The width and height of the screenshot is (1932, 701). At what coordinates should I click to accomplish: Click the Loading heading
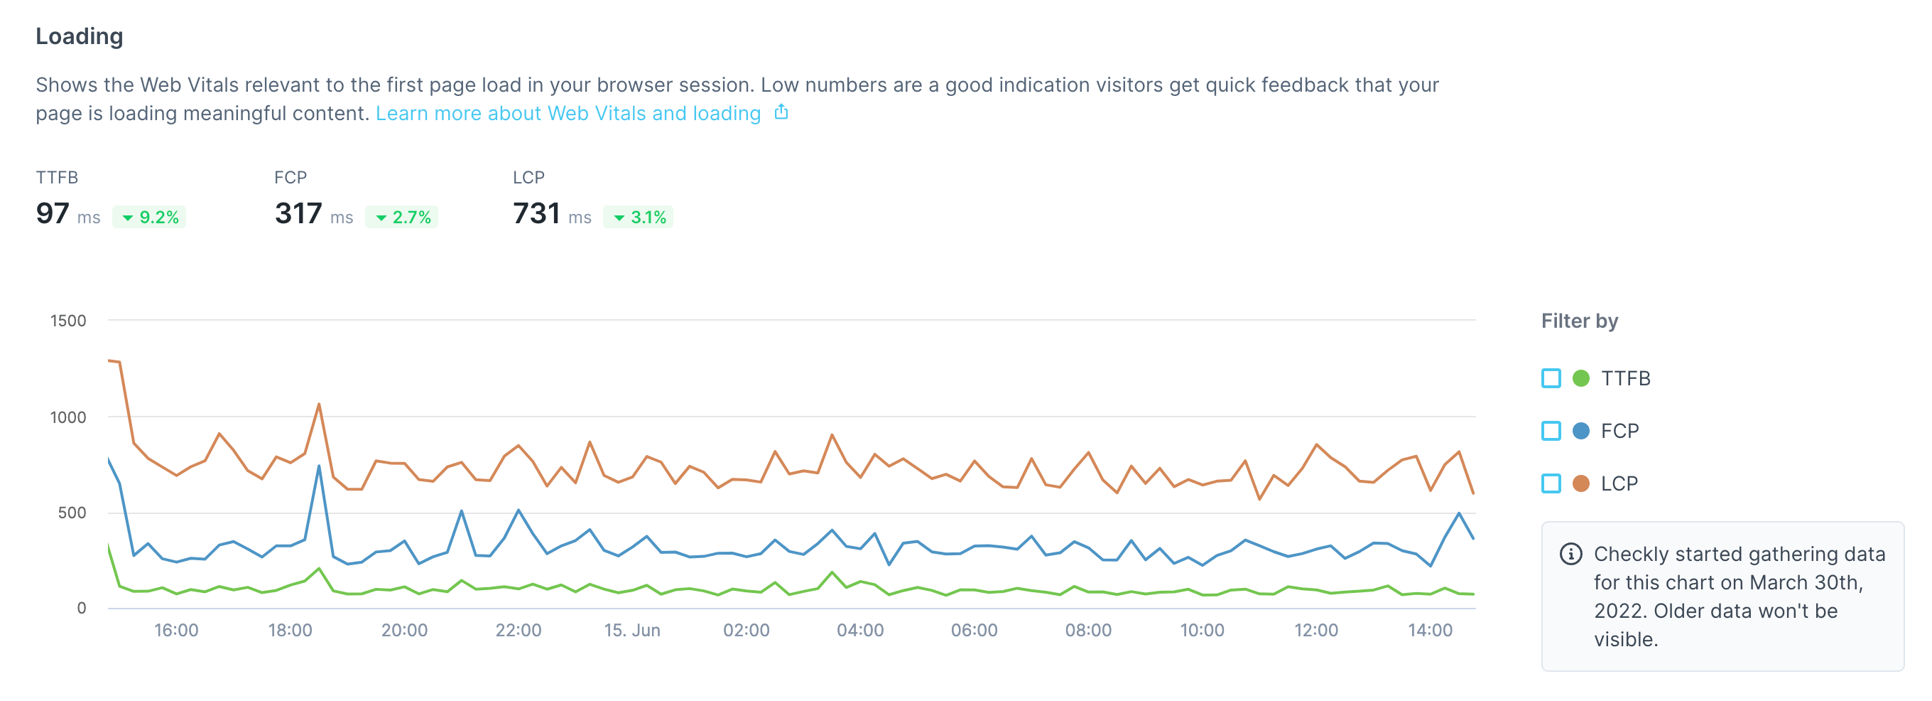79,36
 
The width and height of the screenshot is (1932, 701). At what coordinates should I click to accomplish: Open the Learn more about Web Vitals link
568,113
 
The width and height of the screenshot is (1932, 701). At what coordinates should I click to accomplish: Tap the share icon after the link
781,112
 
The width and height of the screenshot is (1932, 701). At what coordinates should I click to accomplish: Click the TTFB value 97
53,214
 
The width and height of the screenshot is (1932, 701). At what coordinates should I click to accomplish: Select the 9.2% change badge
149,217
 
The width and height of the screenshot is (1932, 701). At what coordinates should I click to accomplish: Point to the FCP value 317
298,214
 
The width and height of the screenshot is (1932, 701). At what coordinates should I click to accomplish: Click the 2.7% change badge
402,217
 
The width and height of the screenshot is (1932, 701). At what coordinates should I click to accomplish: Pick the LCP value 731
536,214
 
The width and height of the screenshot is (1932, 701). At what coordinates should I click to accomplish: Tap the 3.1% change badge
639,217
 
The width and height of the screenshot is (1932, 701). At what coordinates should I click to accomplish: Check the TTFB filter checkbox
1551,378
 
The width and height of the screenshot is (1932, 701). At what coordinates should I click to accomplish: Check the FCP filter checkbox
1551,431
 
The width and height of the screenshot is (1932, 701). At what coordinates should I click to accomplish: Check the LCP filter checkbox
1551,483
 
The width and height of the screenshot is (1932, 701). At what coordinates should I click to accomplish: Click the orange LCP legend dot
1581,483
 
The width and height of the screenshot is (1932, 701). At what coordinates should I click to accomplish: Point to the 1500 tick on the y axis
68,321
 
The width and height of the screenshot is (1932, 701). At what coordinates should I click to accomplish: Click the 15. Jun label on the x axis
632,631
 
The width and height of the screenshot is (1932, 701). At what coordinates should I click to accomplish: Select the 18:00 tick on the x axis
291,631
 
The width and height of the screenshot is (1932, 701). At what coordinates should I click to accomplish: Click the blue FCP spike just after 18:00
319,466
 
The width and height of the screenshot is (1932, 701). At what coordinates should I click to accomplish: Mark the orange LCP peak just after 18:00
319,405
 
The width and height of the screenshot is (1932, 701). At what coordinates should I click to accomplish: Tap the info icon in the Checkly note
1570,554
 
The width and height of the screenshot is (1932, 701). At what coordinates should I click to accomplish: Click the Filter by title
1580,321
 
